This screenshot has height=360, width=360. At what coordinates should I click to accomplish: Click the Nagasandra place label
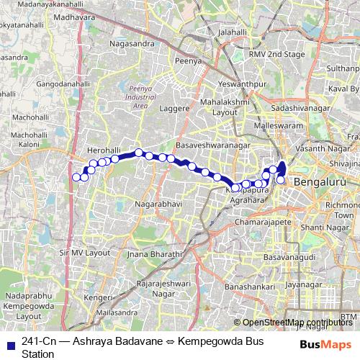point(130,44)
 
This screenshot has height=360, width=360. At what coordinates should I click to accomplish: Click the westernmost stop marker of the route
point(76,176)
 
